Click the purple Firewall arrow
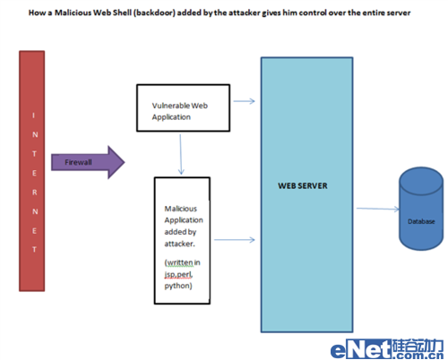click(x=88, y=162)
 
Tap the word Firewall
click(x=78, y=162)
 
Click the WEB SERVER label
click(x=303, y=185)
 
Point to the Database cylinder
click(x=421, y=209)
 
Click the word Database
click(x=421, y=221)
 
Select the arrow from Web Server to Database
click(x=378, y=209)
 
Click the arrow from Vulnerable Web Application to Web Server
click(x=244, y=101)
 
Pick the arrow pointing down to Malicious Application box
click(x=181, y=154)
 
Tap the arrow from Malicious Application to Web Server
click(x=235, y=240)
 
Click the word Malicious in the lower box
click(x=181, y=209)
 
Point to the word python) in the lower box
click(x=178, y=286)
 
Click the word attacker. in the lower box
click(x=179, y=244)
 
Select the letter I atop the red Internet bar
click(x=33, y=116)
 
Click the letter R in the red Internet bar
click(x=35, y=193)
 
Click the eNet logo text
click(x=361, y=349)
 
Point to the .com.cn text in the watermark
click(x=418, y=356)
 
